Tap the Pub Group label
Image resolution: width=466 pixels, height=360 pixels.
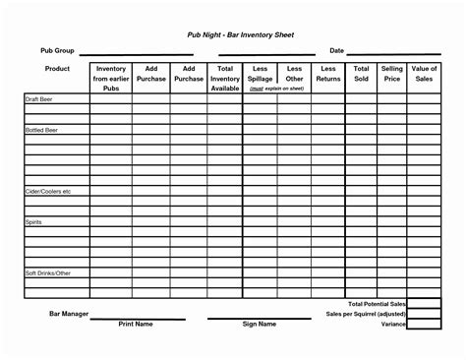55,50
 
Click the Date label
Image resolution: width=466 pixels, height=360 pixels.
336,50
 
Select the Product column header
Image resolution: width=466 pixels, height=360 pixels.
56,69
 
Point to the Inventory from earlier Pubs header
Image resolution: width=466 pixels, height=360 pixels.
110,79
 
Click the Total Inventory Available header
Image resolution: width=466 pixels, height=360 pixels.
224,79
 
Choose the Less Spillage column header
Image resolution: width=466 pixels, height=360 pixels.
261,74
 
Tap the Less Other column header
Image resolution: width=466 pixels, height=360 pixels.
295,74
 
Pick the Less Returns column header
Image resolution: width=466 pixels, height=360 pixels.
328,74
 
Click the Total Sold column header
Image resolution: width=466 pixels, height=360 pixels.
361,74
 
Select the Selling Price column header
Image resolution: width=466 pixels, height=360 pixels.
392,74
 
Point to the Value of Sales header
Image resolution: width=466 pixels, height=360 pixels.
425,74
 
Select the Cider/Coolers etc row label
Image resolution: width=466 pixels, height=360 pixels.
48,191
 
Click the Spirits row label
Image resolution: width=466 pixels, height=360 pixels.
34,222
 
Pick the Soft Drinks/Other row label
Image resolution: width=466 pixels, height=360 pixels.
48,271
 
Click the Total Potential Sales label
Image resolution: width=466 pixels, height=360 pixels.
378,305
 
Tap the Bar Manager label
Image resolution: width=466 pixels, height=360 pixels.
70,314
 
